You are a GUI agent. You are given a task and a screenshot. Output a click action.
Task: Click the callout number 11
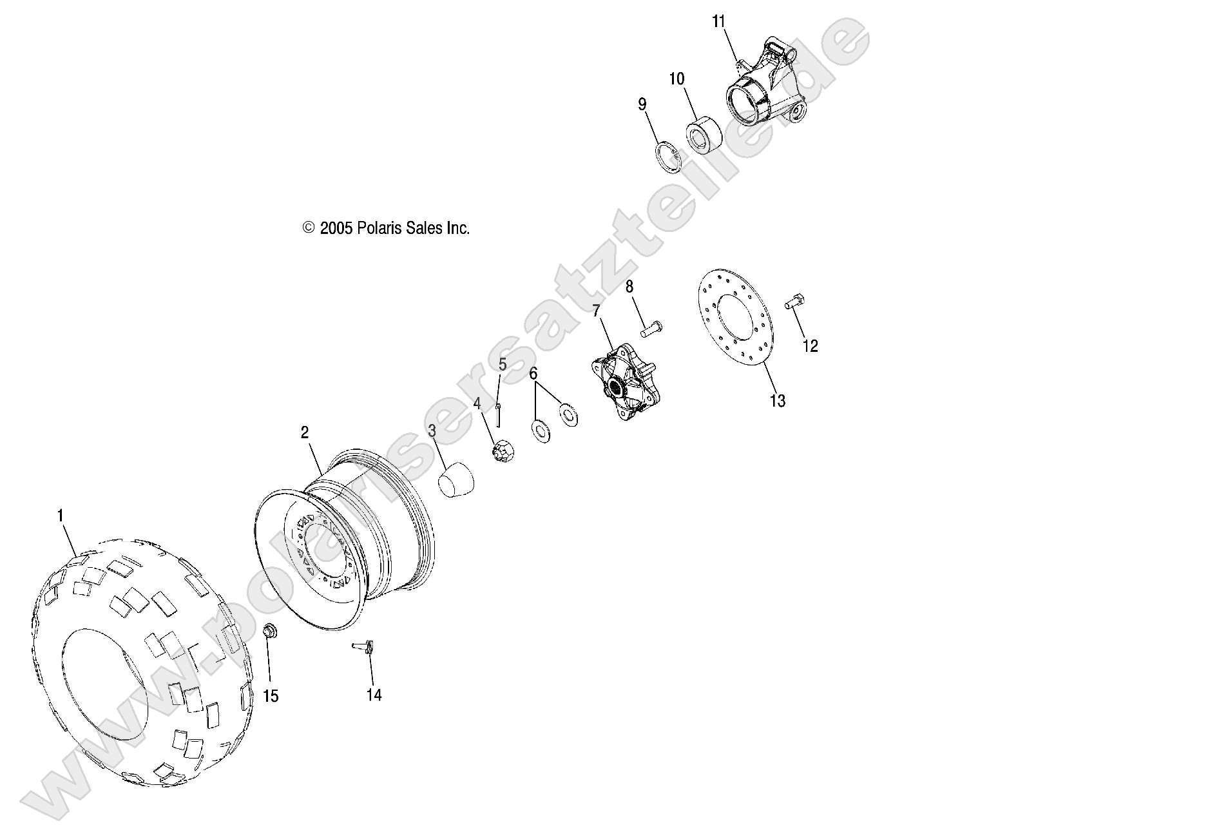[x=718, y=22]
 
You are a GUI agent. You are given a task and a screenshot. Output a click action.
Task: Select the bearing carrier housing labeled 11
[x=760, y=90]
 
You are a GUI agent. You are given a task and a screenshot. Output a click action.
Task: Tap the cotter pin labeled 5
[x=499, y=416]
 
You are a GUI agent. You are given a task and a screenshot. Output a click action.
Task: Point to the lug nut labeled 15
[x=270, y=631]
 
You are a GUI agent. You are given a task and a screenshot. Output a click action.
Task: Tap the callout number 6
[x=533, y=373]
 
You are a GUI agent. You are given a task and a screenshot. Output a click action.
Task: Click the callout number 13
[x=777, y=401]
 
